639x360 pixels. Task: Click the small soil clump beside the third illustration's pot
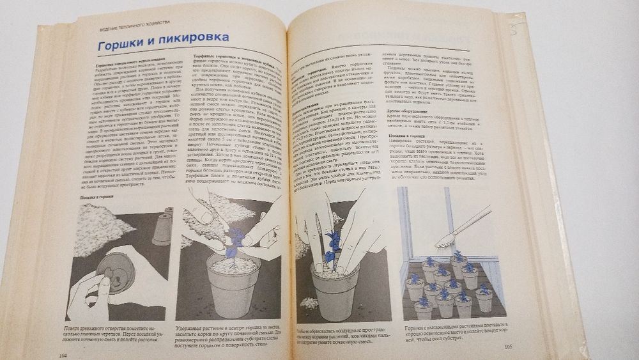pos(307,301)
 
